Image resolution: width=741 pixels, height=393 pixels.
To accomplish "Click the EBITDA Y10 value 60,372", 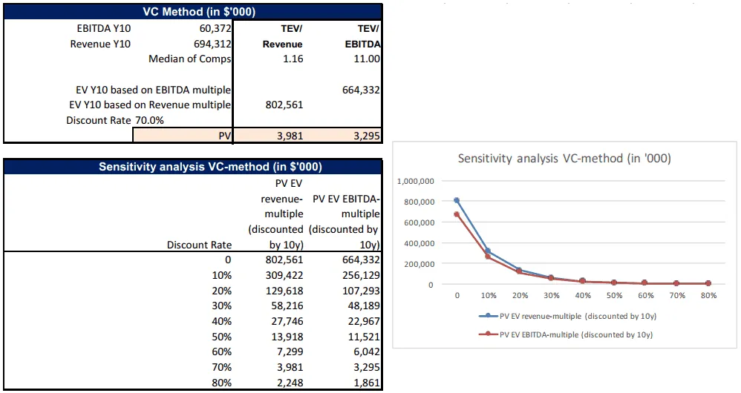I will [213, 28].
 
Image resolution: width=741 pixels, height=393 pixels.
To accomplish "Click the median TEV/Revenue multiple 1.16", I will [292, 59].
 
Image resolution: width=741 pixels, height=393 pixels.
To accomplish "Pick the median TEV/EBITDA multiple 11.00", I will [367, 59].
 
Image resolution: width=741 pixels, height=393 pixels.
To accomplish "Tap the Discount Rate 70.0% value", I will [149, 120].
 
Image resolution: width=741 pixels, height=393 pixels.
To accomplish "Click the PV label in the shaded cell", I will [223, 136].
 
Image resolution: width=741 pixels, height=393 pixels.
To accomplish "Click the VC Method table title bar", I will [193, 11].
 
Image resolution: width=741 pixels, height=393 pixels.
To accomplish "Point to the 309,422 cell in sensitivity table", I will [284, 275].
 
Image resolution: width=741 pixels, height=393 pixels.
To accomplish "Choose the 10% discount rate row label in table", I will [221, 275].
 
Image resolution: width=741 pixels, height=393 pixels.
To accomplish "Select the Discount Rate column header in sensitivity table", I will [199, 245].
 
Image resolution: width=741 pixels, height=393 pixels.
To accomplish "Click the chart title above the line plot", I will [564, 158].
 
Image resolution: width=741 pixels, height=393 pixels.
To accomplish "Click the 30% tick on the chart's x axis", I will [552, 295].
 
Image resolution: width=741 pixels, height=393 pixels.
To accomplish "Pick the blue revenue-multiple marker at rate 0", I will [457, 200].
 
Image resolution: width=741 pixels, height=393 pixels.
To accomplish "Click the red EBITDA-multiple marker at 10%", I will [489, 257].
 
